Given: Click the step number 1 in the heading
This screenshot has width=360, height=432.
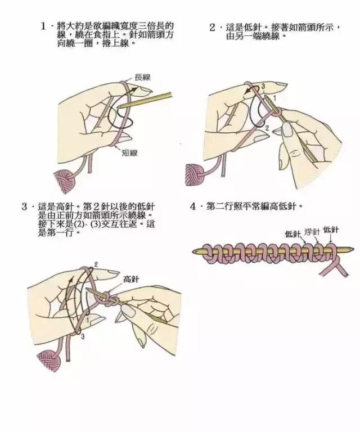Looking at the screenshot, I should [43, 26].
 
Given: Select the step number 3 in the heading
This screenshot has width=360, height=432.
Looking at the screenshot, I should [25, 206].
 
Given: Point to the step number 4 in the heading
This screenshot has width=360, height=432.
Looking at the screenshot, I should [193, 206].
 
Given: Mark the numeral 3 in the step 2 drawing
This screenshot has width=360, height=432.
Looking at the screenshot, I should [262, 85].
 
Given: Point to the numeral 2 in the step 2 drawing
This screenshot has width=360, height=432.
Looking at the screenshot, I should [267, 128].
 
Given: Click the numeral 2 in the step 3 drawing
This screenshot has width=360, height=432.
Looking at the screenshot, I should [96, 264].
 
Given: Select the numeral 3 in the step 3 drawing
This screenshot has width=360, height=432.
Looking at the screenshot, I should [83, 336].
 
